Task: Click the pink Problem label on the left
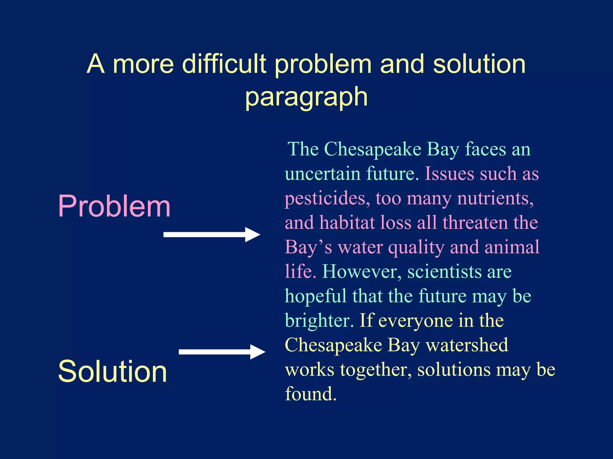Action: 114,206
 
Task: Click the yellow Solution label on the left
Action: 112,371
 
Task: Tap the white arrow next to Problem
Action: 212,235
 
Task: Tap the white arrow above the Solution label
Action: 222,352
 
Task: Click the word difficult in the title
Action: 224,64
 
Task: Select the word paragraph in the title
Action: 306,97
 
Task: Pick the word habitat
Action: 347,223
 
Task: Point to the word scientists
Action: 444,272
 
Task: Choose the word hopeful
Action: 315,296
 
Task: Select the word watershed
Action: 467,345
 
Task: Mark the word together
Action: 376,370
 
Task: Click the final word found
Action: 311,394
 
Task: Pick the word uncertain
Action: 323,174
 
